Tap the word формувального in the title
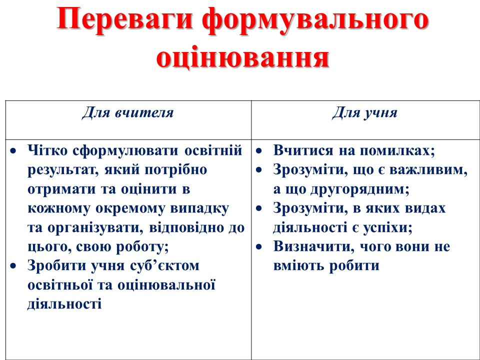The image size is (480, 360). click(x=315, y=21)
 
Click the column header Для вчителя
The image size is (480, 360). click(x=127, y=112)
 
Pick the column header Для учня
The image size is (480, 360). click(x=364, y=112)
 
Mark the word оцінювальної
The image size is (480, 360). click(x=166, y=285)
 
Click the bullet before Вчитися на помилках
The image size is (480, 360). click(x=259, y=151)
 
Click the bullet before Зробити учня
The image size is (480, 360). click(x=13, y=266)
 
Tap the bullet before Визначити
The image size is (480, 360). click(x=259, y=247)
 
